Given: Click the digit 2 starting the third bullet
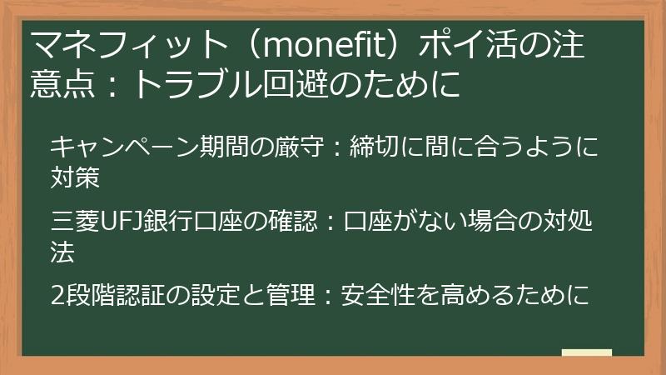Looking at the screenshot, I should click(x=57, y=296).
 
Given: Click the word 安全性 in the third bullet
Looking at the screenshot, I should click(x=380, y=296).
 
